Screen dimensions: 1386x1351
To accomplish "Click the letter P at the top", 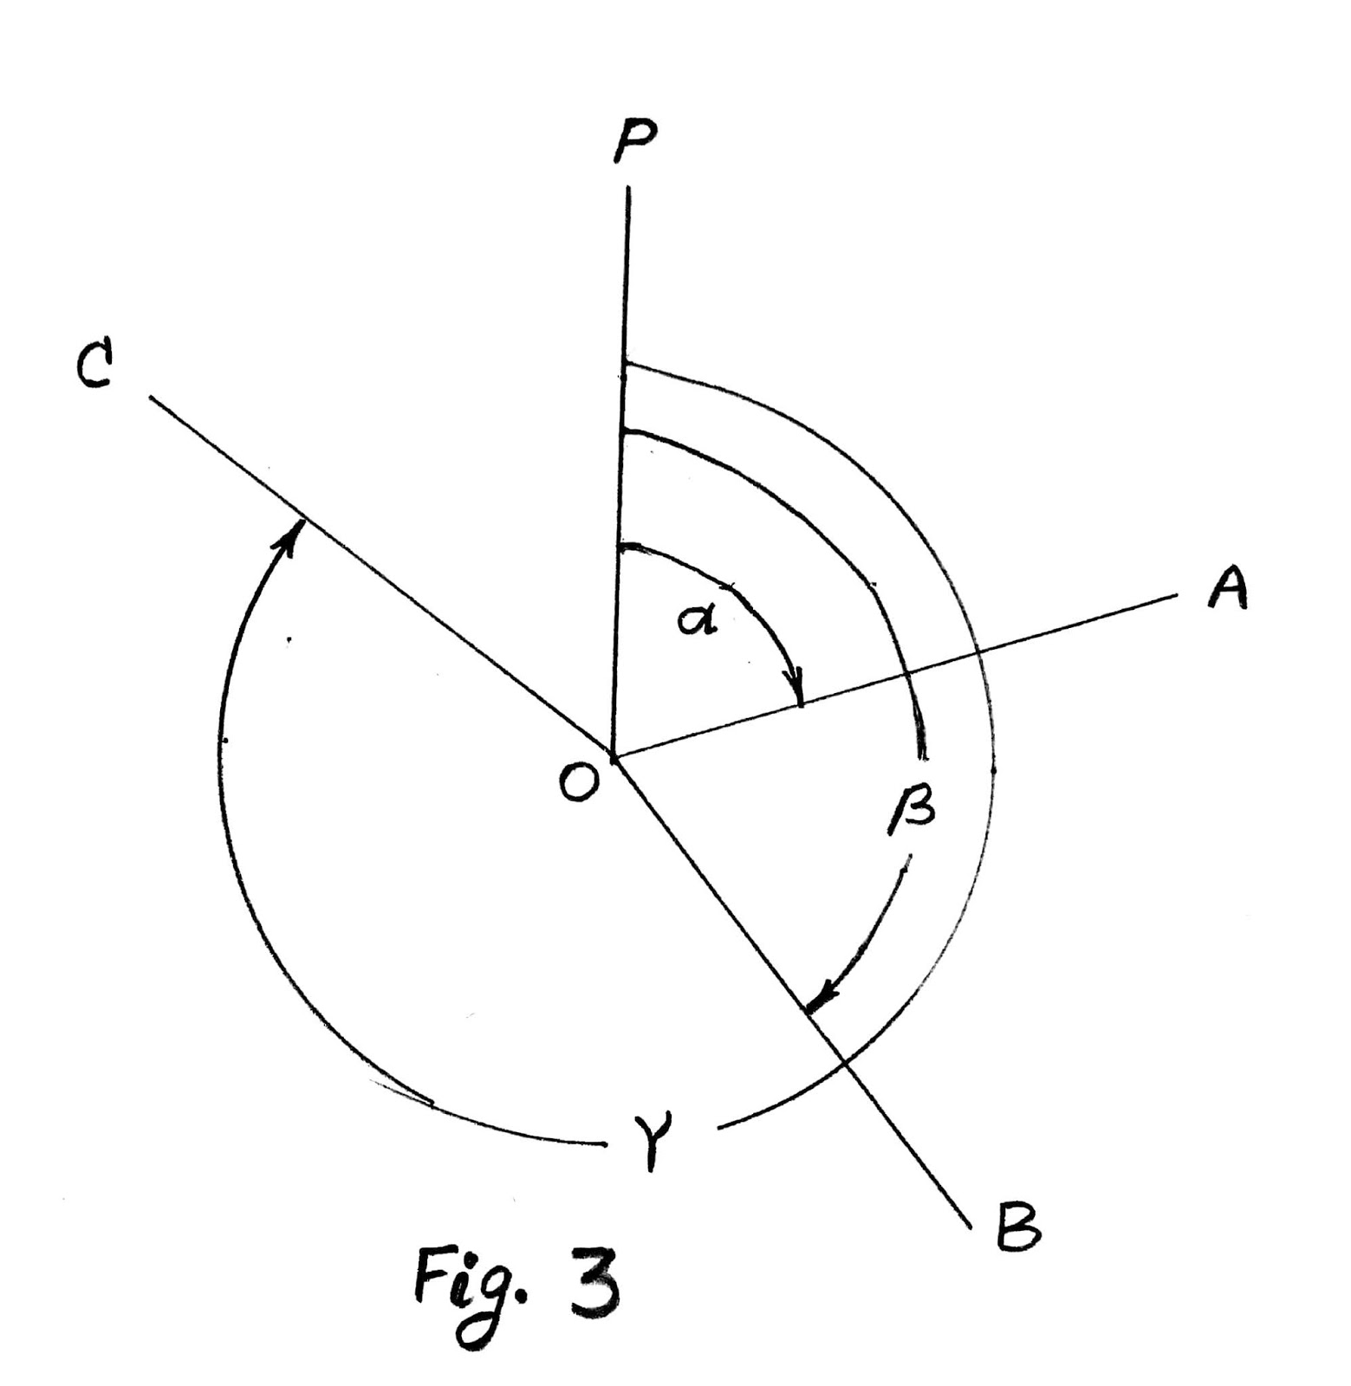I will pos(634,141).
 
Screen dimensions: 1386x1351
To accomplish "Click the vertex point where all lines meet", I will pos(613,758).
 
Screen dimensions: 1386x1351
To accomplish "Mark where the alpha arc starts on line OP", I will pos(619,547).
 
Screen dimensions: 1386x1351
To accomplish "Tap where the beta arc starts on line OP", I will pos(622,430).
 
